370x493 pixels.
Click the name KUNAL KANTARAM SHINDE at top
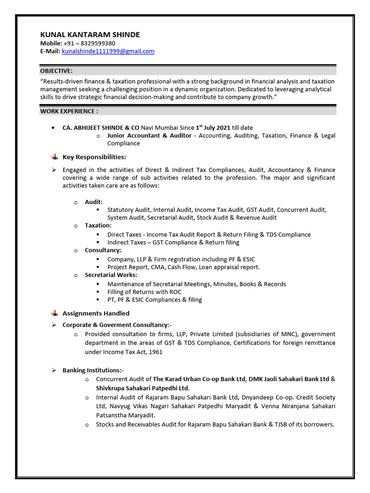point(90,34)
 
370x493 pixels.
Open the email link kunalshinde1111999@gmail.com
point(108,51)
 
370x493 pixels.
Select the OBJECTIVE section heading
point(56,70)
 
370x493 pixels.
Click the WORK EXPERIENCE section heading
point(69,111)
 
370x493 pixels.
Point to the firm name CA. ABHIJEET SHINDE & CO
point(101,128)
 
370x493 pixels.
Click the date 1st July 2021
point(213,128)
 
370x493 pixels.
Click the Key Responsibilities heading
point(94,157)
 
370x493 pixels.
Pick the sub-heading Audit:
point(93,202)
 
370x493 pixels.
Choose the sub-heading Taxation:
point(98,225)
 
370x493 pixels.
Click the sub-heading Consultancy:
point(103,250)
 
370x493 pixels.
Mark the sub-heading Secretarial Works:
point(111,275)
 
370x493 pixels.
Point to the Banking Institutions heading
point(92,370)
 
